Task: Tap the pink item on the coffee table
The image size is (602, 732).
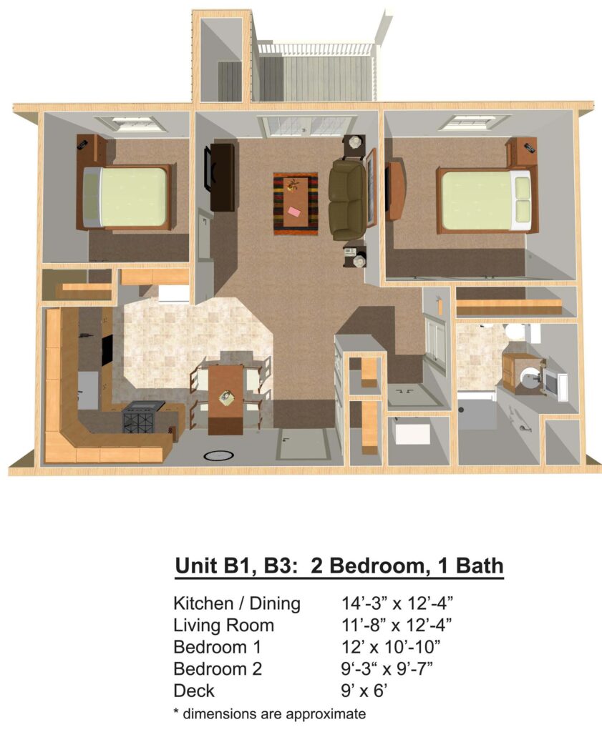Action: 294,212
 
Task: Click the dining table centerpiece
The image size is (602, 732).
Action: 227,397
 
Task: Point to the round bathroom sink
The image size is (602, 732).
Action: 529,378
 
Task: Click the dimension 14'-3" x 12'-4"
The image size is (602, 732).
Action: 397,603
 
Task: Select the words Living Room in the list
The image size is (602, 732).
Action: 223,625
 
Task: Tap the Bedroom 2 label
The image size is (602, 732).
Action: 218,668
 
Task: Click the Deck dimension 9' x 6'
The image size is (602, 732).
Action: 364,691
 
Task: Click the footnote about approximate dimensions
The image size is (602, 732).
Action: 270,714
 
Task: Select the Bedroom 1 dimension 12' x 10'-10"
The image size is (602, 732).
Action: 391,647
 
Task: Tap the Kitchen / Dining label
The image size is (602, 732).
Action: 237,603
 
